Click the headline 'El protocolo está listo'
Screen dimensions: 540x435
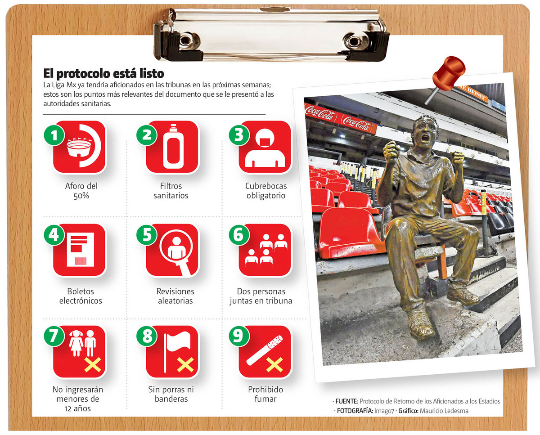pos(103,73)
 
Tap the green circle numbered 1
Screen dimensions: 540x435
pos(54,135)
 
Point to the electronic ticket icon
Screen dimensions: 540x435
pos(80,250)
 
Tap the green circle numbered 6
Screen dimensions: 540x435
pos(239,235)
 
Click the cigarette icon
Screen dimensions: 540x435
pos(265,350)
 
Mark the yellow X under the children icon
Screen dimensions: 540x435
pos(93,364)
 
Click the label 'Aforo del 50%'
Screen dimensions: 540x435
pos(81,191)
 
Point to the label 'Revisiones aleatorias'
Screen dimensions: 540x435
pos(175,296)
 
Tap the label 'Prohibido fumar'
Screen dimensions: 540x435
pos(265,394)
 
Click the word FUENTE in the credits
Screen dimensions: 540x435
pos(347,401)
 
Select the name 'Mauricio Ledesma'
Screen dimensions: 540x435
pos(444,411)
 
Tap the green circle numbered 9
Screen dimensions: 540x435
pos(239,336)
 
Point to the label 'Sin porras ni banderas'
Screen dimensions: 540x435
pos(171,394)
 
